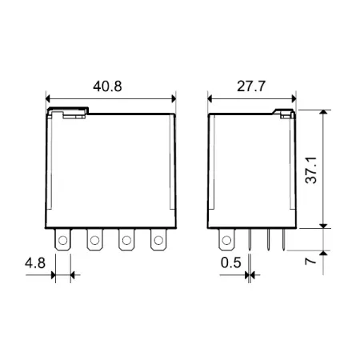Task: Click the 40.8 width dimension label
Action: (x=107, y=86)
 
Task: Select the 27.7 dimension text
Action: (x=251, y=86)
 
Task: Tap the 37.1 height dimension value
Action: (x=311, y=170)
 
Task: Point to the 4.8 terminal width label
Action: (x=35, y=263)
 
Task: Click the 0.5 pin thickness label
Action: (x=231, y=263)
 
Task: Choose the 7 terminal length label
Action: (x=311, y=260)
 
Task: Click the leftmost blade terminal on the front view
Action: (x=63, y=240)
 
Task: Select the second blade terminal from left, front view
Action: (x=94, y=240)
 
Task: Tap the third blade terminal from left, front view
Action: (x=126, y=240)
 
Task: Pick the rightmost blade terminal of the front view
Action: (x=158, y=240)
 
